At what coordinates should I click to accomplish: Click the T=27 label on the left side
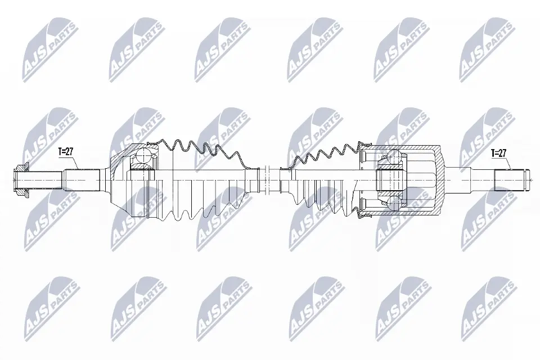[65, 151]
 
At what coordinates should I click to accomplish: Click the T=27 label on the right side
[499, 153]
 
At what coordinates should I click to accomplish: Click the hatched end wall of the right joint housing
[438, 180]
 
